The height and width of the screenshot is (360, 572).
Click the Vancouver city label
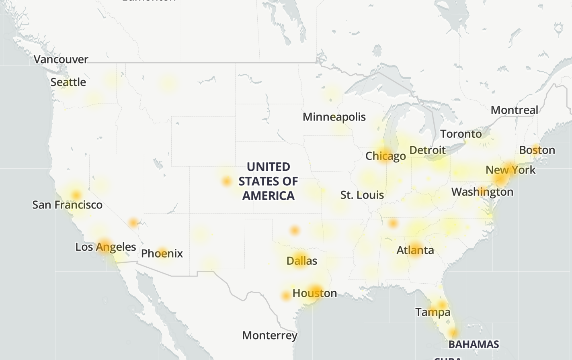pyautogui.click(x=61, y=59)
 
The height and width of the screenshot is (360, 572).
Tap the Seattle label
pyautogui.click(x=68, y=82)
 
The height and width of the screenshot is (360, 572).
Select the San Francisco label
pyautogui.click(x=67, y=205)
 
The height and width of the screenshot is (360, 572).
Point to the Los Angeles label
pyautogui.click(x=106, y=247)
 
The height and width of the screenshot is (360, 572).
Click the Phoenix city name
pyautogui.click(x=162, y=254)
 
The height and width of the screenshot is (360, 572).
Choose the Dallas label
pyautogui.click(x=302, y=261)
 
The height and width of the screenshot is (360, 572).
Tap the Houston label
pyautogui.click(x=315, y=293)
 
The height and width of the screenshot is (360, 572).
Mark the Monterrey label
pyautogui.click(x=270, y=335)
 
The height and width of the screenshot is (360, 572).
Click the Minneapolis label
pyautogui.click(x=334, y=117)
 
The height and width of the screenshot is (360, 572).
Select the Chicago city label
pyautogui.click(x=385, y=156)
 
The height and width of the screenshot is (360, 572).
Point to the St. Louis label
pyautogui.click(x=362, y=195)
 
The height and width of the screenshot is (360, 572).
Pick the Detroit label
pyautogui.click(x=427, y=150)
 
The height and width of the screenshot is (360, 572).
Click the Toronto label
pyautogui.click(x=461, y=134)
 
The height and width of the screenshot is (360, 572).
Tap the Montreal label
pyautogui.click(x=514, y=110)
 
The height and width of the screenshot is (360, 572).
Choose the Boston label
pyautogui.click(x=537, y=150)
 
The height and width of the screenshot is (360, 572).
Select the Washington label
pyautogui.click(x=482, y=192)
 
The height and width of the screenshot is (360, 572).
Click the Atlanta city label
pyautogui.click(x=415, y=250)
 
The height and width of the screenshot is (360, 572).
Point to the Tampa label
pyautogui.click(x=433, y=312)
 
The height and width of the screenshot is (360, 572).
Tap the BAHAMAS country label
pyautogui.click(x=474, y=344)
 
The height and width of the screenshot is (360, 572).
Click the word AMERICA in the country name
pyautogui.click(x=269, y=196)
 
